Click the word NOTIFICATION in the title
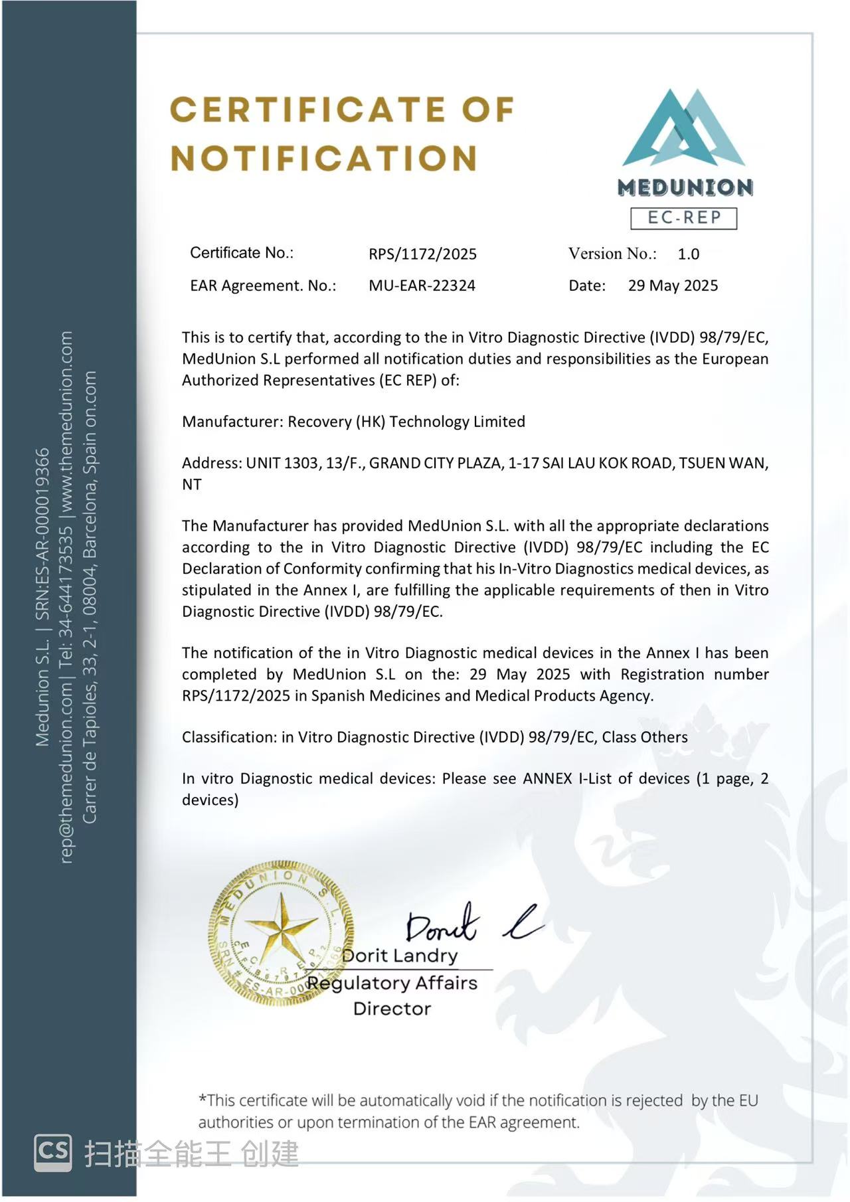(x=324, y=159)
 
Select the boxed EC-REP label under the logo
(x=683, y=218)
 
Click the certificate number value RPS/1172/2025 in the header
(x=422, y=254)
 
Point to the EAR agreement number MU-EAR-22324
(x=422, y=286)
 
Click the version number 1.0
(x=688, y=254)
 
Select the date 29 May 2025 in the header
(x=673, y=286)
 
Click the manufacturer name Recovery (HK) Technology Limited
(x=406, y=422)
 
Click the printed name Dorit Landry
(x=400, y=956)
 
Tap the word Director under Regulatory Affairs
(x=392, y=1009)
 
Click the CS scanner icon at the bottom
(x=53, y=1152)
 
